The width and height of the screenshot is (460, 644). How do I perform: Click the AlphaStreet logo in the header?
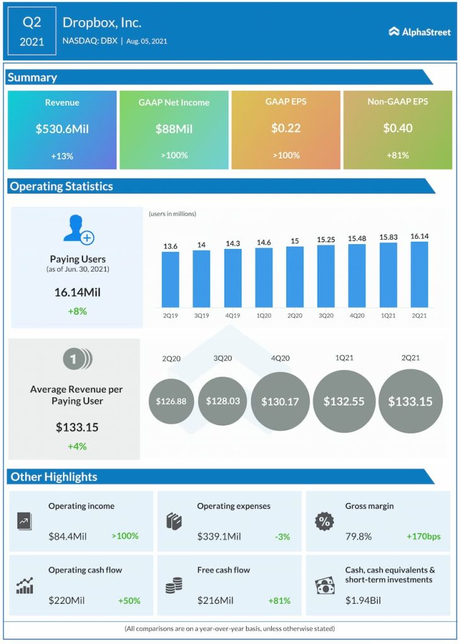pyautogui.click(x=420, y=31)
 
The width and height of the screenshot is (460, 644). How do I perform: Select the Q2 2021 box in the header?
pyautogui.click(x=31, y=31)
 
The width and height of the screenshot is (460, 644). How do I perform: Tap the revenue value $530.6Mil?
pyautogui.click(x=62, y=128)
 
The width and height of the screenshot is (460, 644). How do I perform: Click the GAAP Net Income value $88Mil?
pyautogui.click(x=174, y=128)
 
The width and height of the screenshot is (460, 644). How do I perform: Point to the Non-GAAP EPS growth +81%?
pyautogui.click(x=397, y=155)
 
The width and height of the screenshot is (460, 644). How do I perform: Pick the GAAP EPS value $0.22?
pyautogui.click(x=286, y=128)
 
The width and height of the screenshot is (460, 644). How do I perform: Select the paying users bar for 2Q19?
pyautogui.click(x=170, y=279)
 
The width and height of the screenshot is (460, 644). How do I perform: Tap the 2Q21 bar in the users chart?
pyautogui.click(x=419, y=274)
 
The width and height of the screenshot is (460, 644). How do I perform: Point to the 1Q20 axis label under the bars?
pyautogui.click(x=264, y=315)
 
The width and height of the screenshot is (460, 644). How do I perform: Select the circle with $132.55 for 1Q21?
pyautogui.click(x=344, y=401)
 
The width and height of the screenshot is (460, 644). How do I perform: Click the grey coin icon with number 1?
pyautogui.click(x=77, y=359)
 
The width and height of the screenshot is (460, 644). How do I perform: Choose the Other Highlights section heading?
pyautogui.click(x=54, y=477)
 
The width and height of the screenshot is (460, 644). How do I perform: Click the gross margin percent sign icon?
pyautogui.click(x=324, y=521)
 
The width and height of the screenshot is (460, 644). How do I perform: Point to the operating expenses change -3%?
pyautogui.click(x=282, y=536)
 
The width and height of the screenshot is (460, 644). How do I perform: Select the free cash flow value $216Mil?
pyautogui.click(x=215, y=601)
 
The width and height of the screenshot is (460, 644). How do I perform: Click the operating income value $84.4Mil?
pyautogui.click(x=67, y=536)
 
